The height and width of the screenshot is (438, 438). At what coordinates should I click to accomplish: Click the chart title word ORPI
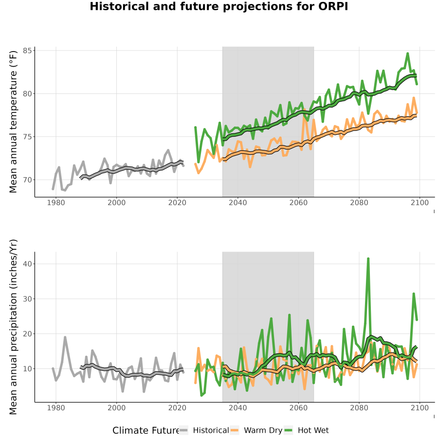click(333, 6)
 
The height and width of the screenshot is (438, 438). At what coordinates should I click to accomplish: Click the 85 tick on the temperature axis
click(28, 51)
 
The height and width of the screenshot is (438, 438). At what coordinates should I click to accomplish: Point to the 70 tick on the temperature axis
click(28, 180)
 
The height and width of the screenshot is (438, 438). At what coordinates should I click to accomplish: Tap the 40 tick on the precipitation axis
click(28, 264)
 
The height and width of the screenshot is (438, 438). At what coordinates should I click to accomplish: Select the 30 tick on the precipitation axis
click(28, 299)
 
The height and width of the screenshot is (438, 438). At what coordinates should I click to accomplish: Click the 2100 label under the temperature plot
click(420, 202)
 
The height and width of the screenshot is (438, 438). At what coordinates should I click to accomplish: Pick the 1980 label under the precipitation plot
click(56, 408)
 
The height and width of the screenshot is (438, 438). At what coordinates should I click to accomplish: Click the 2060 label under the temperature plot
click(298, 202)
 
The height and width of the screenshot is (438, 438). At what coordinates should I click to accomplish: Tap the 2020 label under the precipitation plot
click(177, 408)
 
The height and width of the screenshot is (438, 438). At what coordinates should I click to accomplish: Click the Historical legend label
click(211, 431)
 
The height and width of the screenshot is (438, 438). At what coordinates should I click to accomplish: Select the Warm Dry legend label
click(263, 431)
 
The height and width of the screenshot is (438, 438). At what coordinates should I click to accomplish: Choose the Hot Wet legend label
click(313, 431)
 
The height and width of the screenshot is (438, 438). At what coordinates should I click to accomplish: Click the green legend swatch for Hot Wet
click(288, 431)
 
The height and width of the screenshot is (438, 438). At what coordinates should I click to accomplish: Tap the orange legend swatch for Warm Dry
click(235, 431)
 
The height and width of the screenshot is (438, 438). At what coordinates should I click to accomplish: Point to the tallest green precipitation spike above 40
click(368, 259)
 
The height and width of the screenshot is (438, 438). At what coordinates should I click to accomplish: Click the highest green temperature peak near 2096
click(407, 54)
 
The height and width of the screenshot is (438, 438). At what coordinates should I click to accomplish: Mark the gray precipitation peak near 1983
click(65, 337)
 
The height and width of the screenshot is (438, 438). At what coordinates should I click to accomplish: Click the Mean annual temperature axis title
click(13, 122)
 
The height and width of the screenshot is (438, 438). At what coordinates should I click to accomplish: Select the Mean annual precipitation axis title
click(13, 327)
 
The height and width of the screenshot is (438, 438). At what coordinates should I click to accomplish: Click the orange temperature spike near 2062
click(304, 110)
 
